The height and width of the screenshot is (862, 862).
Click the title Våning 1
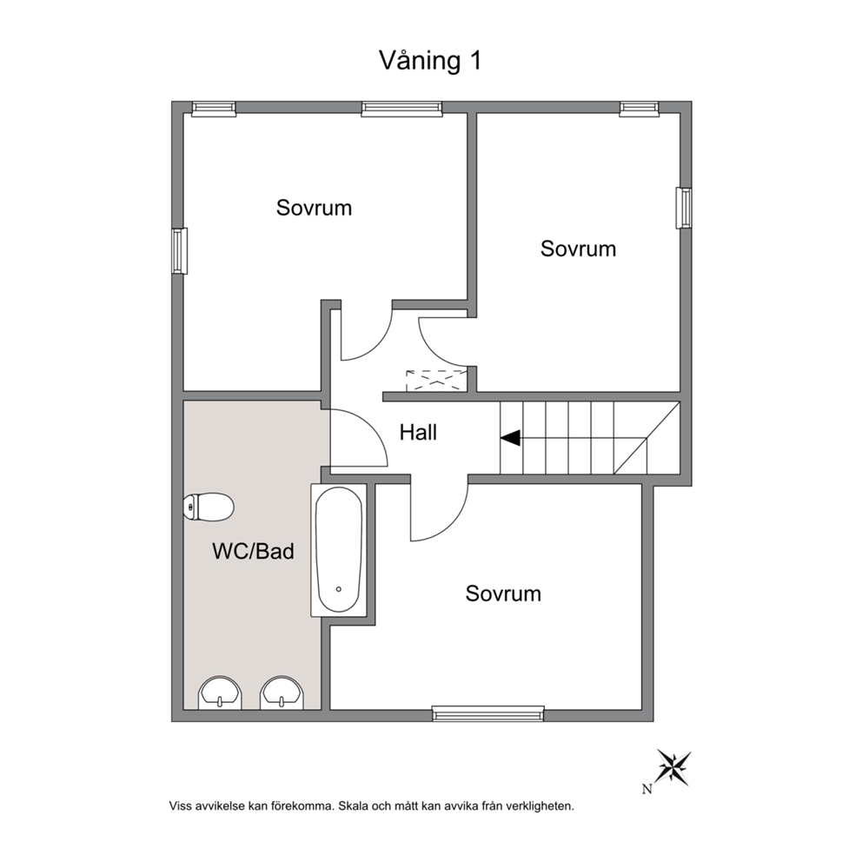coord(430,61)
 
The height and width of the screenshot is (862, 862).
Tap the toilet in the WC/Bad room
coord(209,507)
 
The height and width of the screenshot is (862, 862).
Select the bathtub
coord(339,550)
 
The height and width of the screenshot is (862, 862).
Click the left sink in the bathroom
coord(220,693)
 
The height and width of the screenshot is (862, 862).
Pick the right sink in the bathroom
coord(282,693)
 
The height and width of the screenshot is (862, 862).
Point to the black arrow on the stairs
coord(510,438)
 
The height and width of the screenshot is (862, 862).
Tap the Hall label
coord(418,433)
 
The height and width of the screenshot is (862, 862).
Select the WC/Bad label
coord(254,551)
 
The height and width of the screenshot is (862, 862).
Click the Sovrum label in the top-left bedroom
coord(314,208)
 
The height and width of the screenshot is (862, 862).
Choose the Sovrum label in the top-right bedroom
coord(578,249)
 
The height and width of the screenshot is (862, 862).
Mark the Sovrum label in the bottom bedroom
coord(503,593)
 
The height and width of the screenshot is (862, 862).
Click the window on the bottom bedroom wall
coord(488,713)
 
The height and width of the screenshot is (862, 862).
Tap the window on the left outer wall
coord(179,250)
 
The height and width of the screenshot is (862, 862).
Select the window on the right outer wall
coord(684,208)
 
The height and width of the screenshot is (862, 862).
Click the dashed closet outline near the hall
coord(435,381)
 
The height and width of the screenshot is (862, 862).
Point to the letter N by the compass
coord(647,789)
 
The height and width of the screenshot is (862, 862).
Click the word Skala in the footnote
coord(353,806)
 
